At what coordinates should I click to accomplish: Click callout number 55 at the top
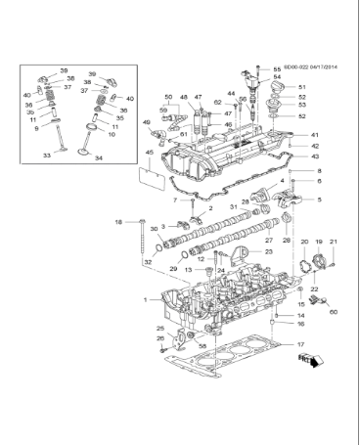click(x=277, y=69)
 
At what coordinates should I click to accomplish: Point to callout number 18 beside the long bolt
click(x=119, y=223)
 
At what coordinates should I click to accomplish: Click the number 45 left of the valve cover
click(x=149, y=152)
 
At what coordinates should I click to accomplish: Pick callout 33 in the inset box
click(x=46, y=156)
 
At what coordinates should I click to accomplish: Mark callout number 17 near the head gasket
click(x=301, y=345)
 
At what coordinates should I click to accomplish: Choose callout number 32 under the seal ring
click(x=148, y=262)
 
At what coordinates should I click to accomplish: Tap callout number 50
click(x=168, y=98)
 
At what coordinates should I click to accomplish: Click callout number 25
click(x=160, y=328)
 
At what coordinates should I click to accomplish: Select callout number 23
click(x=269, y=251)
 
